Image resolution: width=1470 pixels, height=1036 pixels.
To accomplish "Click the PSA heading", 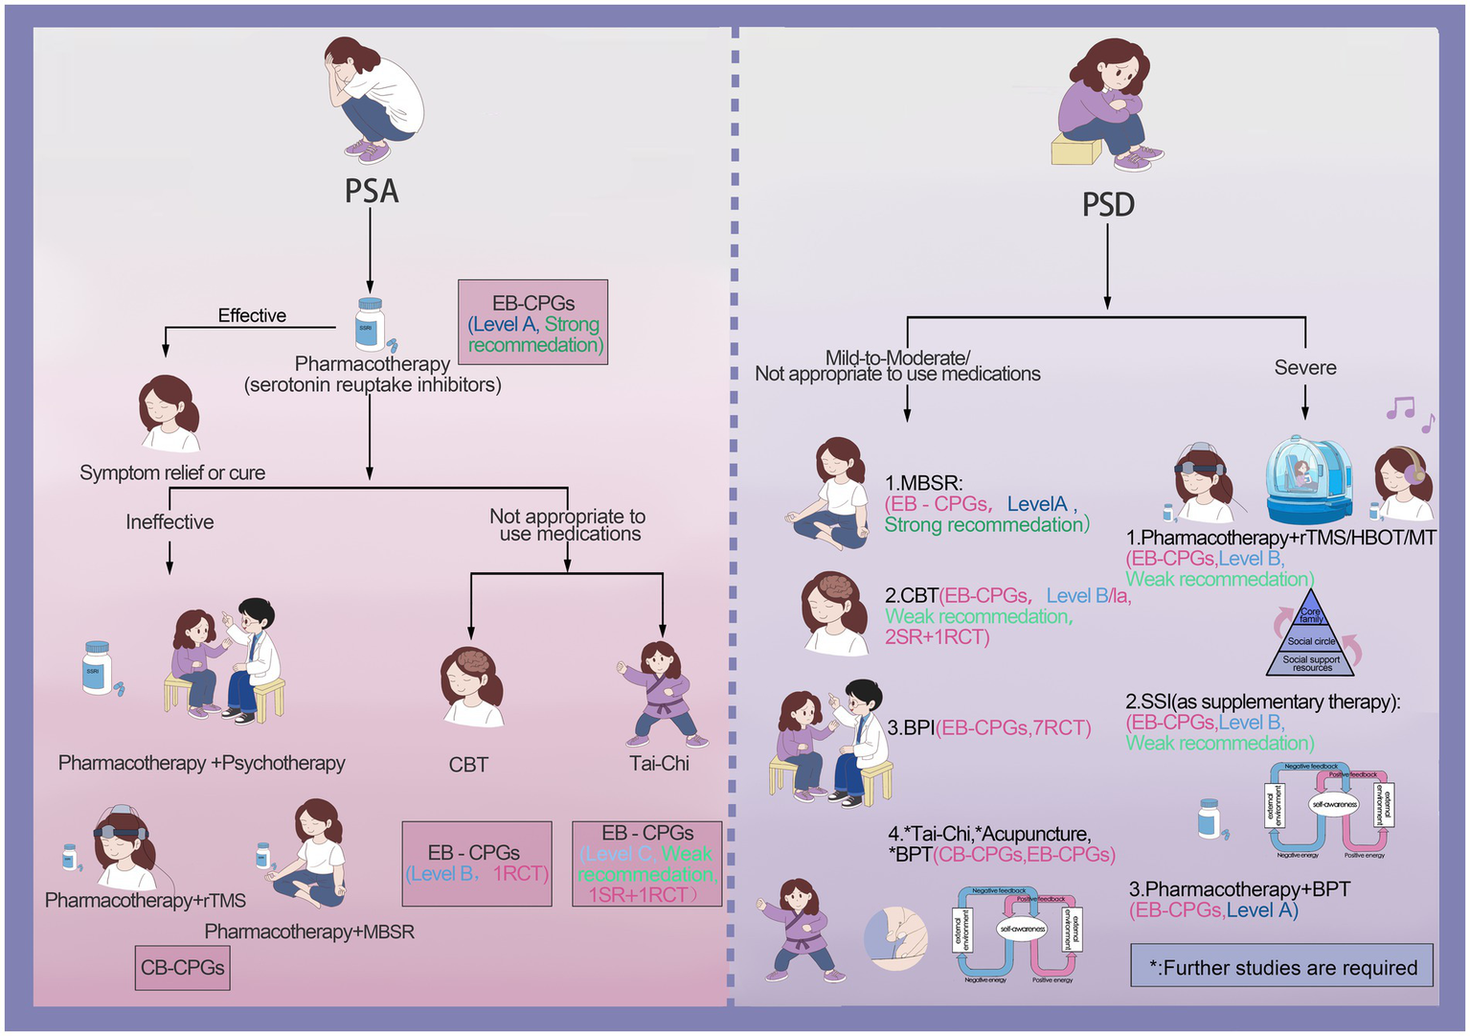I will click(372, 192).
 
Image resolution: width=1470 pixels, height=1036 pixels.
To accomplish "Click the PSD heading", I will click(1108, 205).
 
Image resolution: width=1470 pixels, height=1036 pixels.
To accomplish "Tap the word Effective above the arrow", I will click(252, 315).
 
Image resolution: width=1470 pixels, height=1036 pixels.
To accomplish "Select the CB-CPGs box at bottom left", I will click(182, 968).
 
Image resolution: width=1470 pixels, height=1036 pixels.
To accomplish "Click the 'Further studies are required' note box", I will click(1281, 967).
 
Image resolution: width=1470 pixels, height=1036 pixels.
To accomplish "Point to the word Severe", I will click(1304, 368).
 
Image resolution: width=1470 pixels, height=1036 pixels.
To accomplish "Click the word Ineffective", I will click(170, 522).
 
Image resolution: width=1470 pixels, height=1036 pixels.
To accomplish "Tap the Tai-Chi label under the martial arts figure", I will click(659, 764).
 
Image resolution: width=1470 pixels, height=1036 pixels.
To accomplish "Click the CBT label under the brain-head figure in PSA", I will click(468, 765).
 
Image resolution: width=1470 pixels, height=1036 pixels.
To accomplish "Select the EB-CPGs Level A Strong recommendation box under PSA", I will click(533, 323).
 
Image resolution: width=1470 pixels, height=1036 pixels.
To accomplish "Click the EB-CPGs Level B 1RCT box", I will click(477, 863).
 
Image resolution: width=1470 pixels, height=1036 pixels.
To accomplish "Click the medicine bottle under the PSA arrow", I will click(370, 323).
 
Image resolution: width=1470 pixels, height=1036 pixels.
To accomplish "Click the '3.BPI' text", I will click(910, 728).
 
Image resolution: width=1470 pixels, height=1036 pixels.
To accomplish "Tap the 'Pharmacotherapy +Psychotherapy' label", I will click(201, 763).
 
